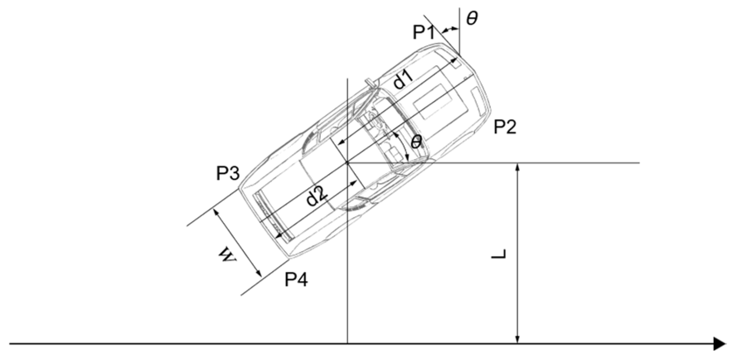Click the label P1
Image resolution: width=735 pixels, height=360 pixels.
[423, 33]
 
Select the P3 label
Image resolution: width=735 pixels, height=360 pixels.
[228, 173]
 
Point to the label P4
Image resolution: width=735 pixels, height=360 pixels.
[296, 280]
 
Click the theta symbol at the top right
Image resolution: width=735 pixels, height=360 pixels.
[472, 19]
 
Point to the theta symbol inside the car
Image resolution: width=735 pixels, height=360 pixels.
[416, 142]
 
